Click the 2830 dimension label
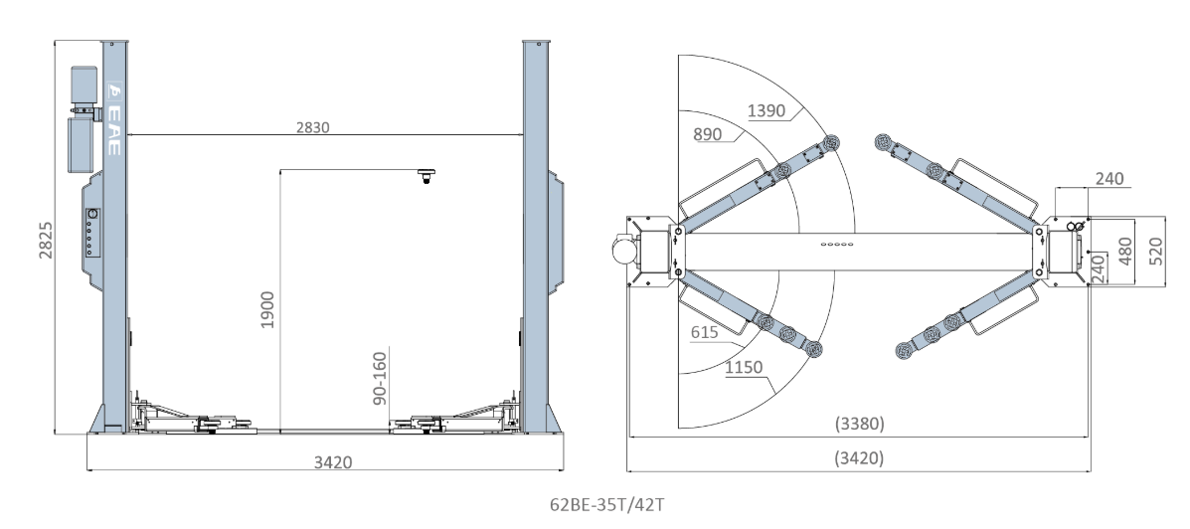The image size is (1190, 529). coord(313,127)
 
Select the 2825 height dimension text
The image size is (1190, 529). coord(47,240)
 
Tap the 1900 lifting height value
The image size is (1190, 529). coord(267,309)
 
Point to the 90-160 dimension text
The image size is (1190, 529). coord(380,378)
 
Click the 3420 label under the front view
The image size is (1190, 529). coord(333,461)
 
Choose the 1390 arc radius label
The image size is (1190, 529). coord(766,110)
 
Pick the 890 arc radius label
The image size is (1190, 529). coord(707,134)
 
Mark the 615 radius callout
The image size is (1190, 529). coord(704,332)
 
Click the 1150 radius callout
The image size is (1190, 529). coord(744,367)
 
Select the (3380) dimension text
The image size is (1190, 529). coord(860,424)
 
